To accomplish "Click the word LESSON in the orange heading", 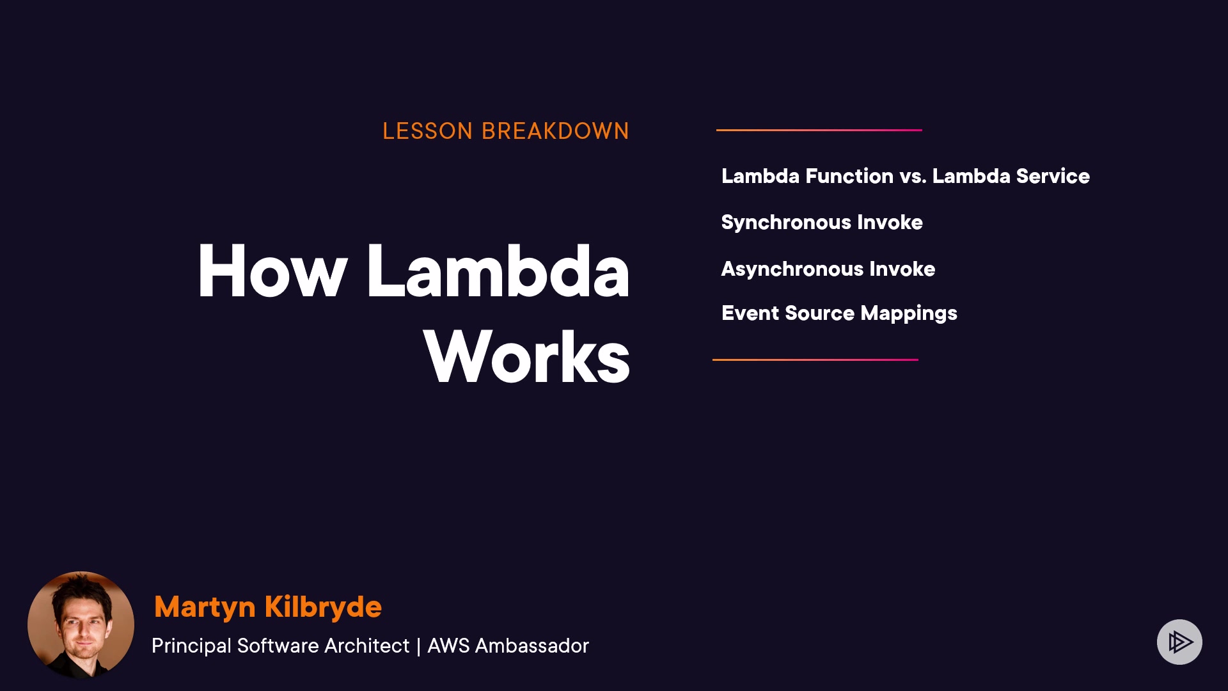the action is (x=427, y=131).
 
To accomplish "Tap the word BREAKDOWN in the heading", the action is (x=555, y=131).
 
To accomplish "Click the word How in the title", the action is (x=272, y=271).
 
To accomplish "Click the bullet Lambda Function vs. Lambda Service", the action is (x=906, y=176).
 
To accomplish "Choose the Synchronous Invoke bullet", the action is (x=822, y=223).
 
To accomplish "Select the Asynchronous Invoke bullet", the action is (x=828, y=269).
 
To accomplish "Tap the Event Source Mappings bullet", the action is (x=839, y=314).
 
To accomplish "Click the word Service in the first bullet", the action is (x=1053, y=176).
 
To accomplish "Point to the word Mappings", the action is (x=909, y=314).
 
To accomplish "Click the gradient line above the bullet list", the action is (x=819, y=130).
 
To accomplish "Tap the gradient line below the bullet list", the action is (x=815, y=360).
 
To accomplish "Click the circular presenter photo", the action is (x=81, y=625).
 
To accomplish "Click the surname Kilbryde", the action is (x=323, y=607).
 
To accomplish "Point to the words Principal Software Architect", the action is (x=280, y=646).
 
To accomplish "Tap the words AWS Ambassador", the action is (x=508, y=646).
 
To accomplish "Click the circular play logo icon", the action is (x=1179, y=642).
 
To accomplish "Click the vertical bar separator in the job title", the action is (x=418, y=646).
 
